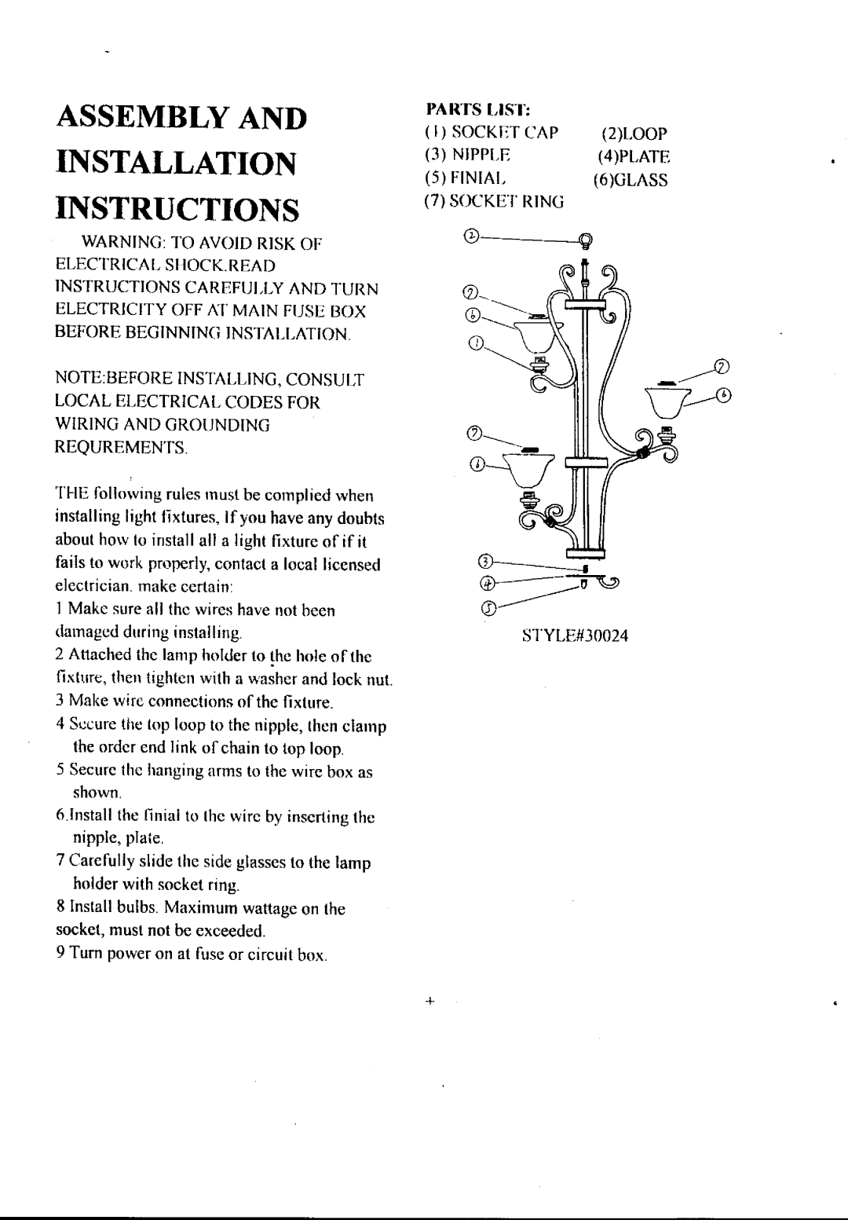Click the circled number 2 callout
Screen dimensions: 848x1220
coord(471,236)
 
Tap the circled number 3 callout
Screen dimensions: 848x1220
coord(485,561)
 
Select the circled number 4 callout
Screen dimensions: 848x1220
coord(488,584)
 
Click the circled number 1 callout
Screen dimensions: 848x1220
coord(476,343)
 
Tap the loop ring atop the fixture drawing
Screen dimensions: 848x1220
coord(586,240)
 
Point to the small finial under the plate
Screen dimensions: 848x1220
coord(583,584)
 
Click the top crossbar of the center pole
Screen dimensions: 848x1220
coord(586,304)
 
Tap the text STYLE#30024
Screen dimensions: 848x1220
coord(575,636)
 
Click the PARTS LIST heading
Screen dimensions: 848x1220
coord(478,109)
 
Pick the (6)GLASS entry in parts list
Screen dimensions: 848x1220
coord(631,180)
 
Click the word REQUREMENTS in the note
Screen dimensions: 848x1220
coord(121,448)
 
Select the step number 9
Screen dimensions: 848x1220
coord(61,953)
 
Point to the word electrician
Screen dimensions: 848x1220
coord(93,586)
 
